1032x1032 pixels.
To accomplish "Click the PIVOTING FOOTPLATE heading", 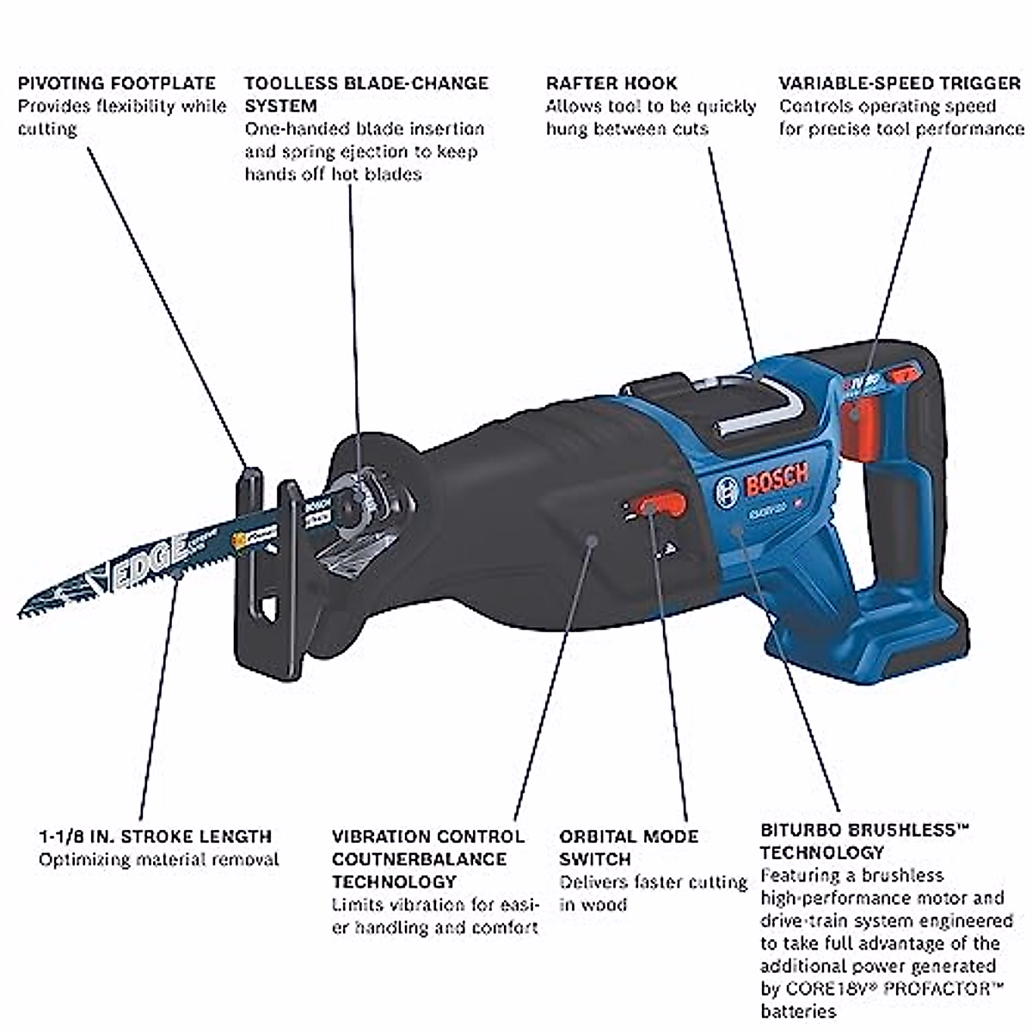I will click(x=117, y=83).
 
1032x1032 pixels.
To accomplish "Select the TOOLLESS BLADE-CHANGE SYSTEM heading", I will click(x=366, y=94).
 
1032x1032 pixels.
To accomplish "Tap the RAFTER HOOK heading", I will click(x=611, y=83).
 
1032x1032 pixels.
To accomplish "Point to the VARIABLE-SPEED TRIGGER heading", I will click(x=900, y=83).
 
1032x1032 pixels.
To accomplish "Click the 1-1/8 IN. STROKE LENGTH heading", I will click(x=155, y=836).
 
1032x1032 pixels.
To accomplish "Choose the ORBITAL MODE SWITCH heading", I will click(x=629, y=847).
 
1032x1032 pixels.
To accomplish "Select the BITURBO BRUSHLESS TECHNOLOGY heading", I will click(x=864, y=841).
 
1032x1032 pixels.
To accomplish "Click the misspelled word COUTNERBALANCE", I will click(x=421, y=858).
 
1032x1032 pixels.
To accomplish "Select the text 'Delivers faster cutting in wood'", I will click(x=653, y=893).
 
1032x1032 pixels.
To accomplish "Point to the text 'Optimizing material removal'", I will click(x=159, y=859).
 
